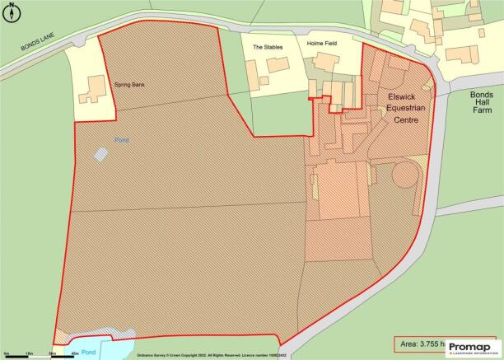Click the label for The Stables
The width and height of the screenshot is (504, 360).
click(268, 47)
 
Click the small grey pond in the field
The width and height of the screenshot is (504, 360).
click(100, 153)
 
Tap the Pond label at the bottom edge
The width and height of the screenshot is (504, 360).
click(90, 350)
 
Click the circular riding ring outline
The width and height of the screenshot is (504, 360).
click(405, 175)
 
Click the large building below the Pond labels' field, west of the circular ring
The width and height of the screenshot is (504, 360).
click(339, 189)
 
